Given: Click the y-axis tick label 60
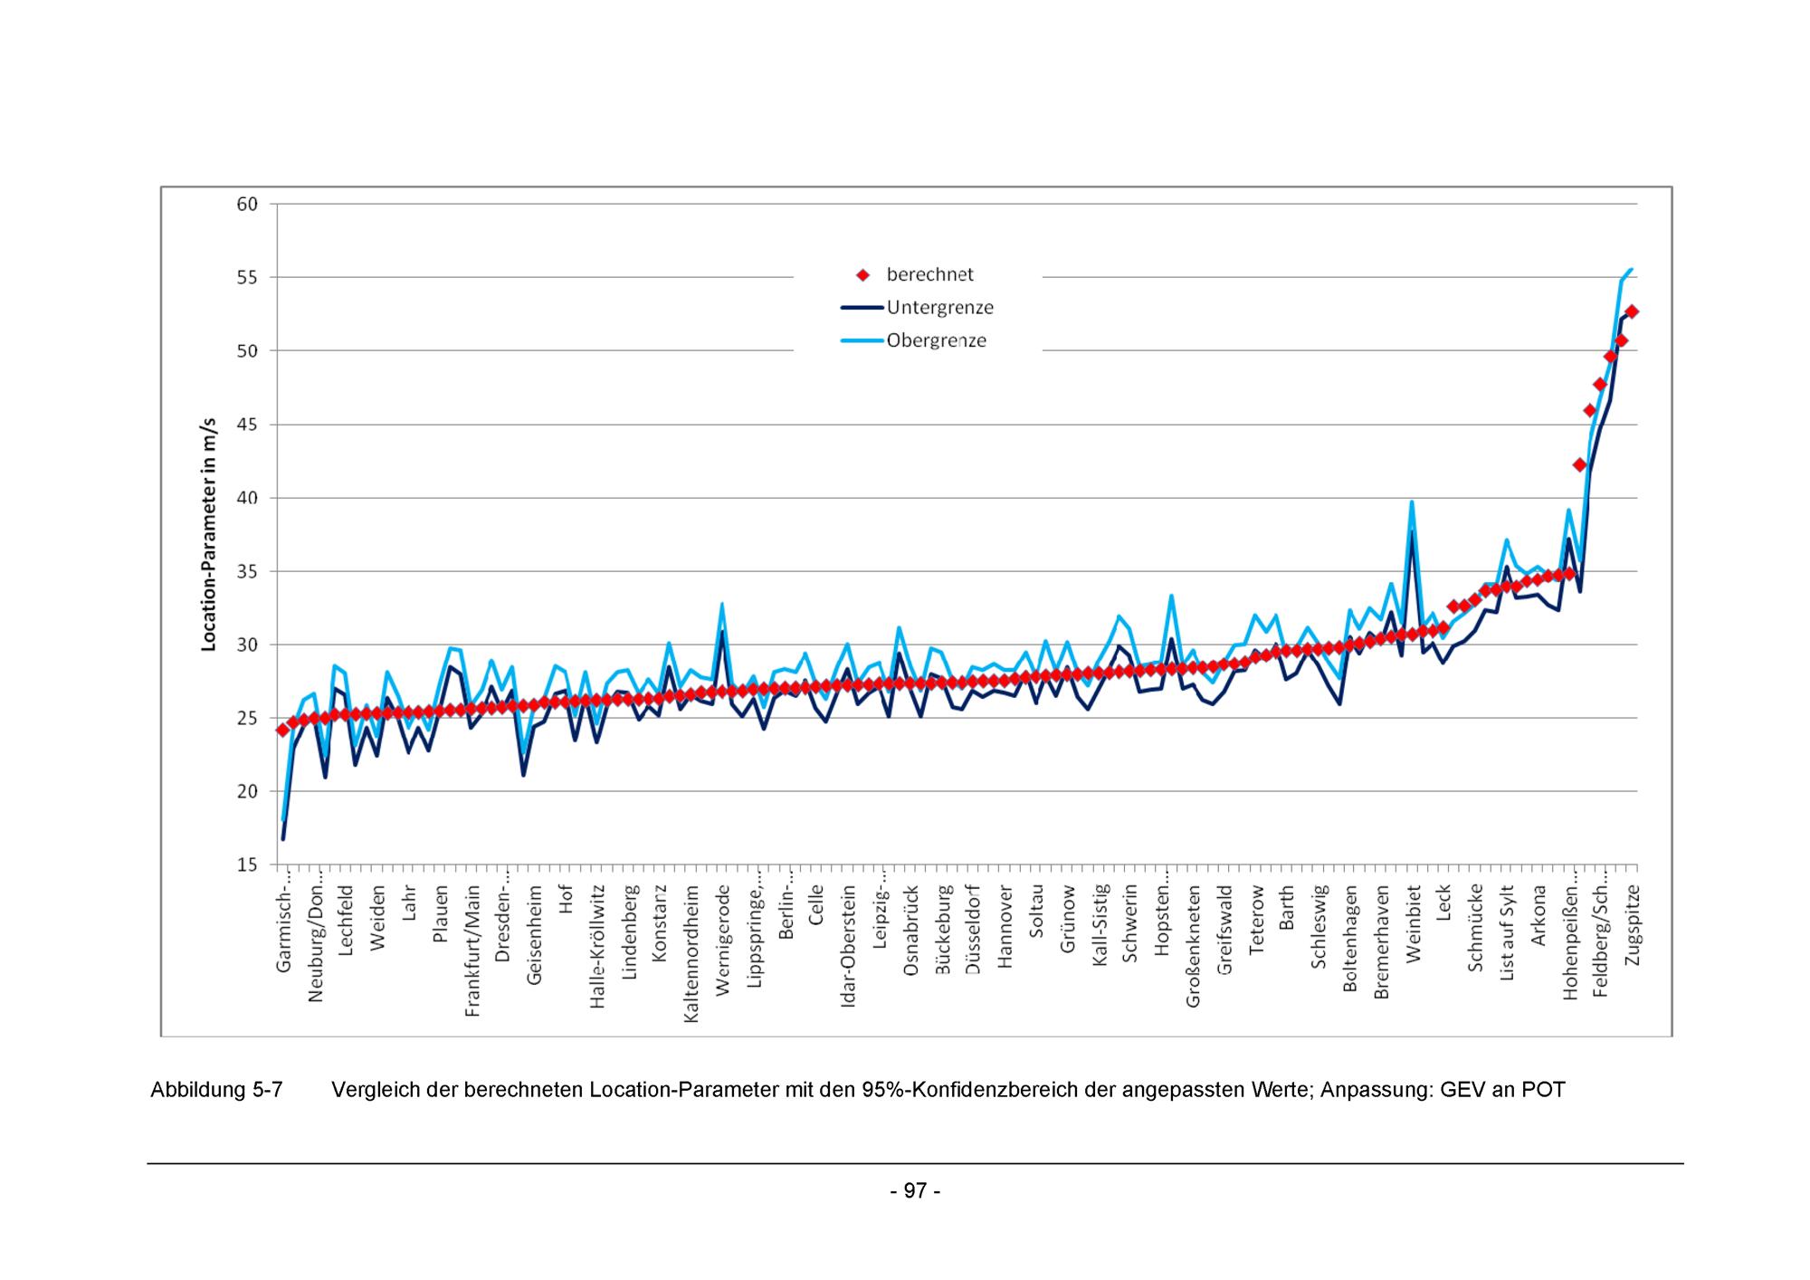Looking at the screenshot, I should (x=247, y=205).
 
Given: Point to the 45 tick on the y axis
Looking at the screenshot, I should (x=247, y=425).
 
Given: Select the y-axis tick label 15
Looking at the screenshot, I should (x=247, y=865).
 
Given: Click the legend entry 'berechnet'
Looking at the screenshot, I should (x=929, y=274).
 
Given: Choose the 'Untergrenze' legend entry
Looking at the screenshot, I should (x=939, y=308).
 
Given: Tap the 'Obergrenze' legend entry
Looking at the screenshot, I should (x=936, y=341).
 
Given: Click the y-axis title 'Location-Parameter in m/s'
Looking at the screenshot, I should (x=209, y=534).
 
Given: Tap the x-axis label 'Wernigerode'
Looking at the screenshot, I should (x=722, y=941).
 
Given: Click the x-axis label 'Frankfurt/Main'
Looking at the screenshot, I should (x=472, y=951).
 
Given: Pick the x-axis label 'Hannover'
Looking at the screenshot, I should (x=1004, y=928).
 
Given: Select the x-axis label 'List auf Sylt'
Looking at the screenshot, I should (x=1507, y=933).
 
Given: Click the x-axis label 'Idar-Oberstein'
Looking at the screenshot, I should (x=848, y=946).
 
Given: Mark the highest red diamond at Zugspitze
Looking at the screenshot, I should (x=1632, y=311).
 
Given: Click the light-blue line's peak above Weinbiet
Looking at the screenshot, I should (x=1412, y=501).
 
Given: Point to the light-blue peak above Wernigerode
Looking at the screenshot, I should (x=722, y=604).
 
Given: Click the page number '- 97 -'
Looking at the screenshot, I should (x=915, y=1190).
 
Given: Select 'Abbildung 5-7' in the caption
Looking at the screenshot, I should (x=216, y=1090).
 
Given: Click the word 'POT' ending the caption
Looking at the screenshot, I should (x=1543, y=1090).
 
